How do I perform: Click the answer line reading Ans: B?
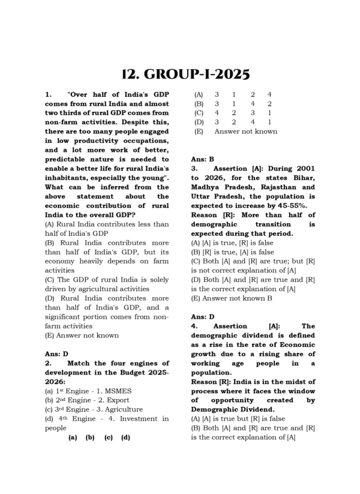[202, 159]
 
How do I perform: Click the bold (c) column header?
[108, 438]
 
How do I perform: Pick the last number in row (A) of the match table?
[269, 94]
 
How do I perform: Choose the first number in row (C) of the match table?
[217, 113]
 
